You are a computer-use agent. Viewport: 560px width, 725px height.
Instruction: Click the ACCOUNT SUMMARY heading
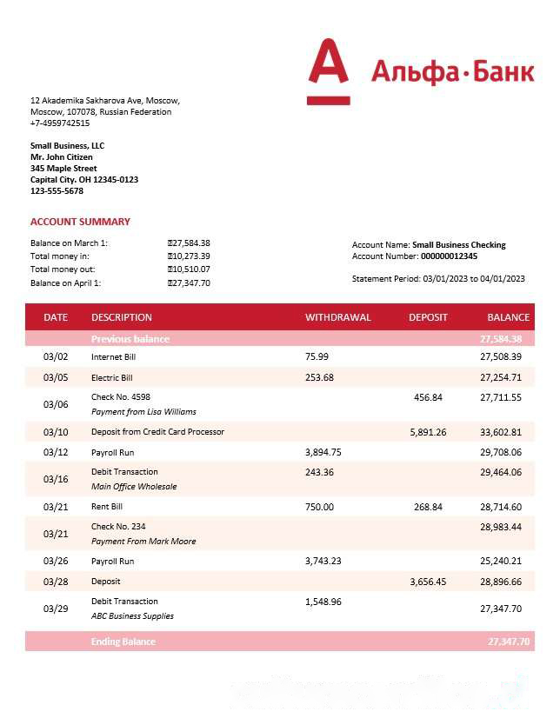(80, 222)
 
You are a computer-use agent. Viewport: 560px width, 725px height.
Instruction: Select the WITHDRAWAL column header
(337, 317)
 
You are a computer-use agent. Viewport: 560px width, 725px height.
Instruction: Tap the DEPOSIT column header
(428, 317)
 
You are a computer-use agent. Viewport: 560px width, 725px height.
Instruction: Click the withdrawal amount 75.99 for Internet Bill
(317, 356)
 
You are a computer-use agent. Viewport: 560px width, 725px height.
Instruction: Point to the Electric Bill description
(112, 378)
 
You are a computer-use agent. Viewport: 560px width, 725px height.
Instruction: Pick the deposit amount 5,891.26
(428, 432)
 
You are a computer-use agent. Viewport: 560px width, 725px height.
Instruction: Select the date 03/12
(56, 452)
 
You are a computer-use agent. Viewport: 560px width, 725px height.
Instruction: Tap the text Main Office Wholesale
(134, 487)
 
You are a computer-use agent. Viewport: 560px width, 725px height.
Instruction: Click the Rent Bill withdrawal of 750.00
(319, 507)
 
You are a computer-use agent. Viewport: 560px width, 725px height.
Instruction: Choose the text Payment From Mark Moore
(143, 542)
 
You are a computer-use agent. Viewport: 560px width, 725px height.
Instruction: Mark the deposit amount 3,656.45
(428, 582)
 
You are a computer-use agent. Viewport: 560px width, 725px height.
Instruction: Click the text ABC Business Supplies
(132, 616)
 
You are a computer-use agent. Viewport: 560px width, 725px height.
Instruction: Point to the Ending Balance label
(123, 642)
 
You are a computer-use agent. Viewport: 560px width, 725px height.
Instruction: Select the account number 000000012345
(449, 256)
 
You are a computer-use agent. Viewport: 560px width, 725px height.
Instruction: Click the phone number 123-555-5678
(57, 191)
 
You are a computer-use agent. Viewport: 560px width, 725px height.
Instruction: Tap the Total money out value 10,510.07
(190, 269)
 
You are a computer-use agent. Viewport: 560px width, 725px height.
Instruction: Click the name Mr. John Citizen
(61, 157)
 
